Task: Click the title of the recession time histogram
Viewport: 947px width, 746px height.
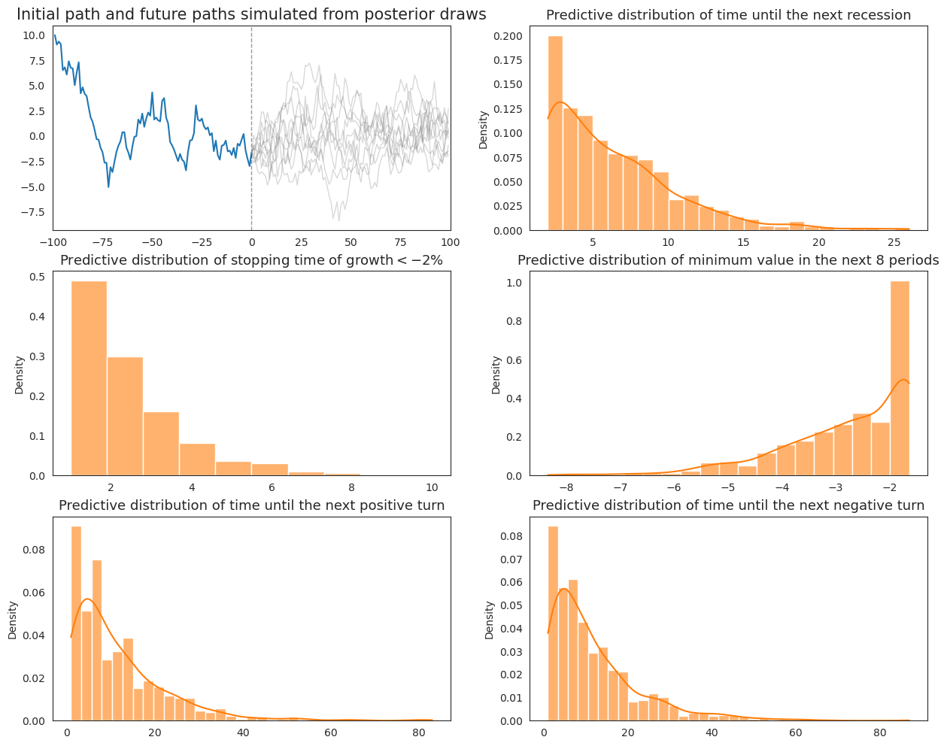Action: [x=728, y=15]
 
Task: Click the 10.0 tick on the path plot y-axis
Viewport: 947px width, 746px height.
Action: [x=33, y=35]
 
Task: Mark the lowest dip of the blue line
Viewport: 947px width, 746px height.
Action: [x=108, y=186]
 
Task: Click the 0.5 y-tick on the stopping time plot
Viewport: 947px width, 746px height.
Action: [x=38, y=277]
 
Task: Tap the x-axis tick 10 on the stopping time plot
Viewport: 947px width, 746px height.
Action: [x=432, y=487]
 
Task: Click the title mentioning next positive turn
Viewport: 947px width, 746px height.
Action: [x=251, y=505]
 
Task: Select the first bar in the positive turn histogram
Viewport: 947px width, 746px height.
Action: [x=76, y=623]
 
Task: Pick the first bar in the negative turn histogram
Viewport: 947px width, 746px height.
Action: [x=553, y=623]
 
